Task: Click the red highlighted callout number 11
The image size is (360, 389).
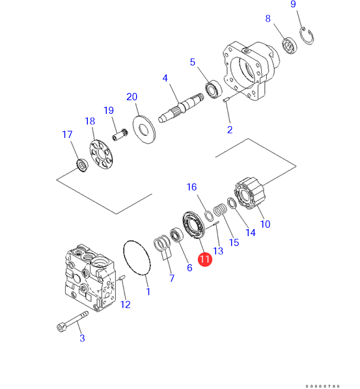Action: point(205,260)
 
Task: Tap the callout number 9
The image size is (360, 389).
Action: point(293,4)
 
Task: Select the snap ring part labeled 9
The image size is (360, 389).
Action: point(307,36)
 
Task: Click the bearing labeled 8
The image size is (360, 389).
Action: point(289,46)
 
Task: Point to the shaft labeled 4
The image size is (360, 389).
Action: point(181,108)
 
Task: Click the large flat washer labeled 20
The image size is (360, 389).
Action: point(145,129)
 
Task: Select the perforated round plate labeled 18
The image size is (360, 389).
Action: point(101,155)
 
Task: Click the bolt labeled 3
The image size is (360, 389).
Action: point(72,321)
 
